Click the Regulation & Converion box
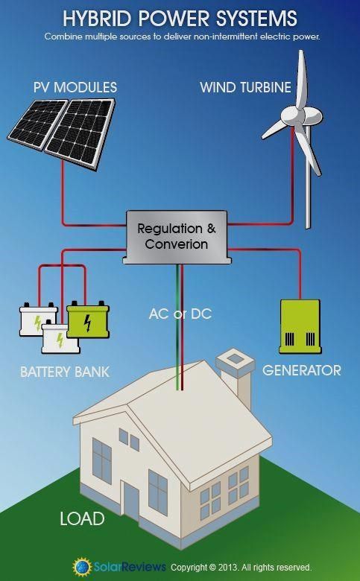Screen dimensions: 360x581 177,237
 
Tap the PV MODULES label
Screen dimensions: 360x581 75,87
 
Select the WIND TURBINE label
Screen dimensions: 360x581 245,87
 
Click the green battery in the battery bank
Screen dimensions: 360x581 88,320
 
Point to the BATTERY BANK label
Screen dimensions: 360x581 65,372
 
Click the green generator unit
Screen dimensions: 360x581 300,326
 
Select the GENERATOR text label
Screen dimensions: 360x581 301,370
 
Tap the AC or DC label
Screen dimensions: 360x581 180,314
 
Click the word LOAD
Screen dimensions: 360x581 82,518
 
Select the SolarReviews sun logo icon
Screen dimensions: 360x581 82,567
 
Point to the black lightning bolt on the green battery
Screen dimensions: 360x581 87,323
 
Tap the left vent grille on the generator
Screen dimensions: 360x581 289,339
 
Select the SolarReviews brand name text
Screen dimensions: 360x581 130,567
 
